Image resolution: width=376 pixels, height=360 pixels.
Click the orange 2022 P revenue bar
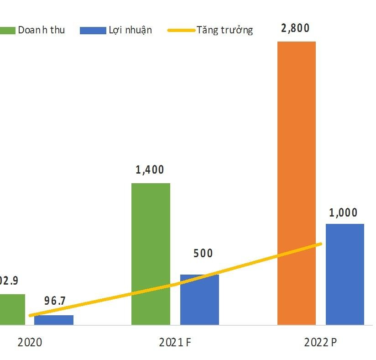point(296,183)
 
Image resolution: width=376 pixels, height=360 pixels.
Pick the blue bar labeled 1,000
point(345,274)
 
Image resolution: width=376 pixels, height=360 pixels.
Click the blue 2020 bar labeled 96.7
point(54,320)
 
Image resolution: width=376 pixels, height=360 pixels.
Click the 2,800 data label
point(295,28)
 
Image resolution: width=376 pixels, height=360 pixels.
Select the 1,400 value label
point(150,170)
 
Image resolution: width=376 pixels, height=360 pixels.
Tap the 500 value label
point(203,253)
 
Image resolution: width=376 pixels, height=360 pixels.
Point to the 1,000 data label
point(343,213)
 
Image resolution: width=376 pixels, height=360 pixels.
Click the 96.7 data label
point(55,301)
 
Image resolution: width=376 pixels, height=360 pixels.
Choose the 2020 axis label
point(30,342)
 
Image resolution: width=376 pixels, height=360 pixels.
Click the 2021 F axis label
point(175,342)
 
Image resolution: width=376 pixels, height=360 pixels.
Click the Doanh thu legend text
point(41,30)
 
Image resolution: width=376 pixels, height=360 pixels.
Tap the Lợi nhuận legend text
point(130,30)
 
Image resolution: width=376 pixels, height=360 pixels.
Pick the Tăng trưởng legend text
point(225,30)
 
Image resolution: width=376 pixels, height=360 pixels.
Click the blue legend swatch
point(92,30)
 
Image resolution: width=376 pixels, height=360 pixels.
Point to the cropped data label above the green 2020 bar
point(9,281)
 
